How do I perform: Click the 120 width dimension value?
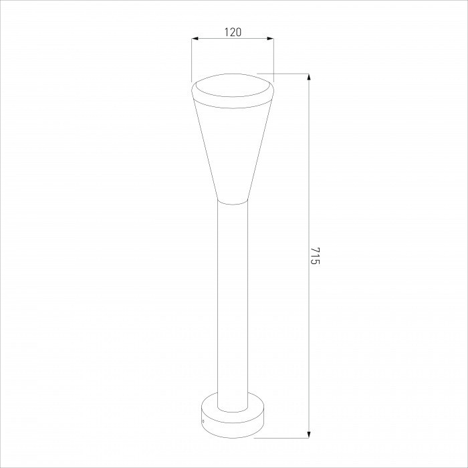tap(233, 31)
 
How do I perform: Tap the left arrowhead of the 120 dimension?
tap(195, 39)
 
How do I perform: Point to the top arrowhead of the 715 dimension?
tap(308, 76)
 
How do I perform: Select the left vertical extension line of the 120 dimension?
tap(192, 60)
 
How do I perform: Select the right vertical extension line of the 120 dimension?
tap(273, 57)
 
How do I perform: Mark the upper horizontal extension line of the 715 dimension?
tap(284, 73)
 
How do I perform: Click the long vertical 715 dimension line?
tap(308, 167)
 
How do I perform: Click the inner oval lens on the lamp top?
tap(232, 87)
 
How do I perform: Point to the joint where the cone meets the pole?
tap(233, 202)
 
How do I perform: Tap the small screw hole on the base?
tap(203, 421)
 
